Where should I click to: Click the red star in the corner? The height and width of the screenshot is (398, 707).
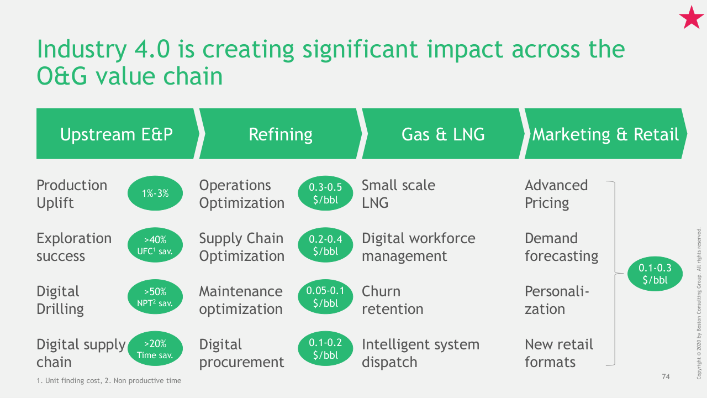[691, 18]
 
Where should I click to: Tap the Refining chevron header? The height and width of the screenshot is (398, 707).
[280, 134]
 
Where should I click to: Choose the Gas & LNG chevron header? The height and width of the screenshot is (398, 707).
[443, 134]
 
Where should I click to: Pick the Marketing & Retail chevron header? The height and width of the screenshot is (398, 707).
[606, 134]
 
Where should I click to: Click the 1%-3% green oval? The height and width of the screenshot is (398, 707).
[155, 193]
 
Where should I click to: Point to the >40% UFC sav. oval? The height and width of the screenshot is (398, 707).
[155, 245]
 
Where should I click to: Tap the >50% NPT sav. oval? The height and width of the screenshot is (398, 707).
[155, 297]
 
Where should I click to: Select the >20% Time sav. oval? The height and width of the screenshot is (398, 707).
[155, 348]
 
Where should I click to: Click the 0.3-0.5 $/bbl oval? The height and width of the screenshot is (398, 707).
[325, 193]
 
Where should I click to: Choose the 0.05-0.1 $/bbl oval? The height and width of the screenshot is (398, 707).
[325, 297]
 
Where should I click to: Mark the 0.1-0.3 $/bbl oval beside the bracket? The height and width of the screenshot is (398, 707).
[655, 274]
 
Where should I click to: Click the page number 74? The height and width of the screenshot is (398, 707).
[666, 376]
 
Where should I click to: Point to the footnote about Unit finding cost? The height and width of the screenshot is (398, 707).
[109, 381]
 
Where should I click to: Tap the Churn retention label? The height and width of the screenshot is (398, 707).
[392, 300]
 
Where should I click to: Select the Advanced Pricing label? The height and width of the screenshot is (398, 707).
[556, 194]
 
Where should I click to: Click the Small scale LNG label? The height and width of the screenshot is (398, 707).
[398, 194]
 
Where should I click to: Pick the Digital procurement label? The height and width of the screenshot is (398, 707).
[241, 353]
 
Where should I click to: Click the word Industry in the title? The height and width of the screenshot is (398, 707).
[82, 50]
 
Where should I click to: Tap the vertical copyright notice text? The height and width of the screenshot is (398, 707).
[699, 303]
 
